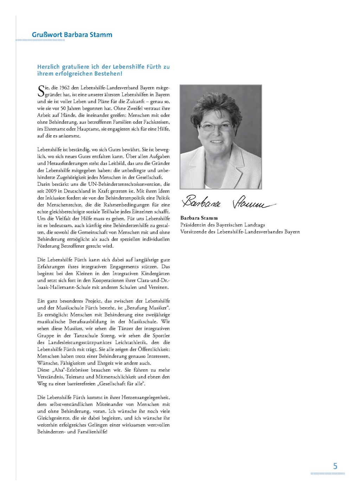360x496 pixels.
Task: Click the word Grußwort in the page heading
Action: coord(47,35)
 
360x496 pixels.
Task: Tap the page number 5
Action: coord(335,466)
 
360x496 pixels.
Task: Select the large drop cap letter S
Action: coord(41,91)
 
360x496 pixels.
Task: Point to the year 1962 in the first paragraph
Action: coord(64,88)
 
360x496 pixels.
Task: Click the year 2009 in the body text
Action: coord(51,191)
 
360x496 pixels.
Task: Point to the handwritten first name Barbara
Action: coord(201,202)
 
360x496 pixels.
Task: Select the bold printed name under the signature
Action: coord(199,218)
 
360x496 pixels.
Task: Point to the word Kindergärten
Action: coord(155,274)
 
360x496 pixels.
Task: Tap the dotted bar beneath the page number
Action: coord(328,474)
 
